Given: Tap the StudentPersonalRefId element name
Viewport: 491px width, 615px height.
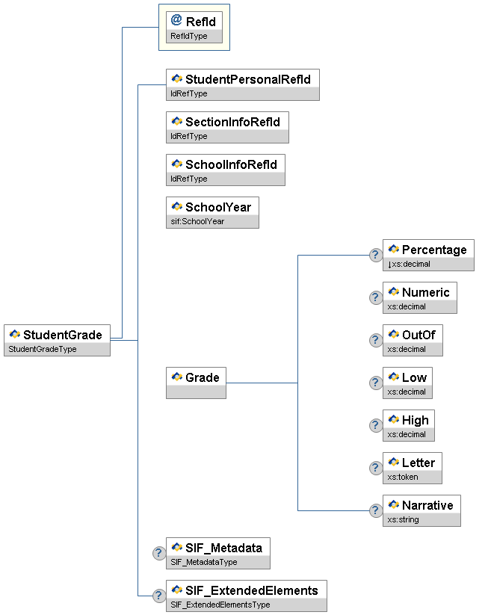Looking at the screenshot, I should point(247,78).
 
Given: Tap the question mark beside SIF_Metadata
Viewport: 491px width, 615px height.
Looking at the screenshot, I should point(158,553).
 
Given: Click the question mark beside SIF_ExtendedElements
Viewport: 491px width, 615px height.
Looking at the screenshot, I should point(158,596).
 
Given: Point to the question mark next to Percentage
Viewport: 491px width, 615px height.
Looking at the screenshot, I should point(376,256).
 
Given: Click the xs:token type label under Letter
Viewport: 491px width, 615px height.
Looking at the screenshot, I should point(403,477).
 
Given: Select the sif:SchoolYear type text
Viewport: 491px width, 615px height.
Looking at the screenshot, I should point(197,221).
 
